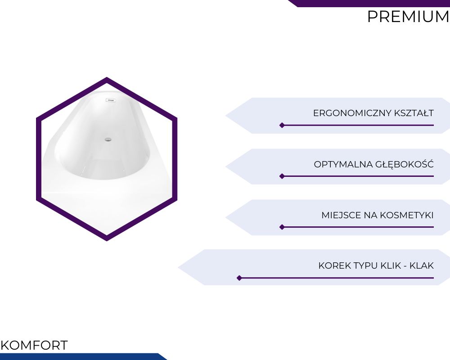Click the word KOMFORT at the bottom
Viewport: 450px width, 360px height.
click(x=34, y=345)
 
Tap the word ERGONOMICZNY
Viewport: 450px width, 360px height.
click(x=352, y=113)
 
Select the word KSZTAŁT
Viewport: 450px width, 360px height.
click(x=414, y=113)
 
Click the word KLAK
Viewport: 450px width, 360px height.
click(x=422, y=265)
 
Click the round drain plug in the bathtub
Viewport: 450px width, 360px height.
click(x=108, y=139)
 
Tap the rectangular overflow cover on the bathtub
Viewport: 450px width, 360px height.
click(x=111, y=100)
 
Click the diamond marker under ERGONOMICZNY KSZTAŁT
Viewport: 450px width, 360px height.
click(x=282, y=125)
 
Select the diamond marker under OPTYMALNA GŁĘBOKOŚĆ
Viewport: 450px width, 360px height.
click(x=282, y=176)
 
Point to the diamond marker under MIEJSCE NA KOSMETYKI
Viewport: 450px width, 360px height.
click(x=282, y=227)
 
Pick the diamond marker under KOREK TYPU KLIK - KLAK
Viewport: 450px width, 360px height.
click(x=239, y=278)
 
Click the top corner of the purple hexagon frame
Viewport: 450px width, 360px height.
click(x=107, y=77)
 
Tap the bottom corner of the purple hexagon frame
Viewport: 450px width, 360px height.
click(x=107, y=241)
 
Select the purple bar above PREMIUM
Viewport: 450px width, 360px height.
click(x=369, y=3)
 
